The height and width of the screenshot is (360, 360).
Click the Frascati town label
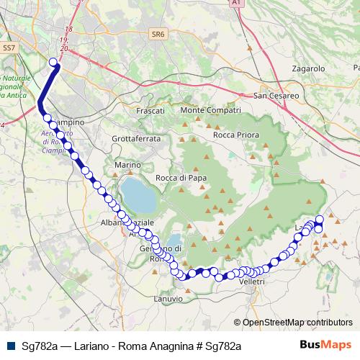click(x=150, y=111)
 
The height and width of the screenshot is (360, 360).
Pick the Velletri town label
click(x=252, y=282)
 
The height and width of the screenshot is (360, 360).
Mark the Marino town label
click(x=127, y=166)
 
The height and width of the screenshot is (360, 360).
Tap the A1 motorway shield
click(x=235, y=4)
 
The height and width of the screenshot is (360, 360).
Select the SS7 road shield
click(x=9, y=48)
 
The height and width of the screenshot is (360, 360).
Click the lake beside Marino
click(x=137, y=192)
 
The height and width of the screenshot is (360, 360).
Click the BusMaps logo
click(x=326, y=344)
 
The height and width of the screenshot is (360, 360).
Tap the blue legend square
click(x=9, y=345)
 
